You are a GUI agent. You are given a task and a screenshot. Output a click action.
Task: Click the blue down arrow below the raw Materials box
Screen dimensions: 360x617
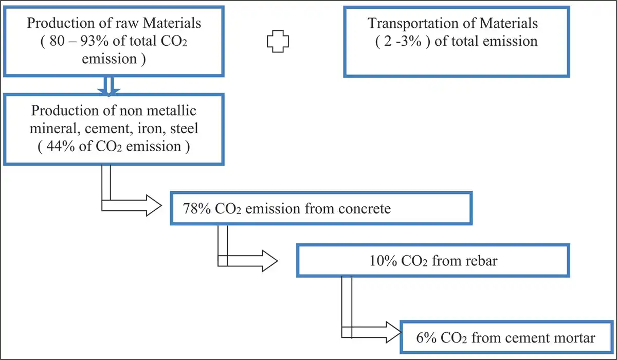[108, 85]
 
